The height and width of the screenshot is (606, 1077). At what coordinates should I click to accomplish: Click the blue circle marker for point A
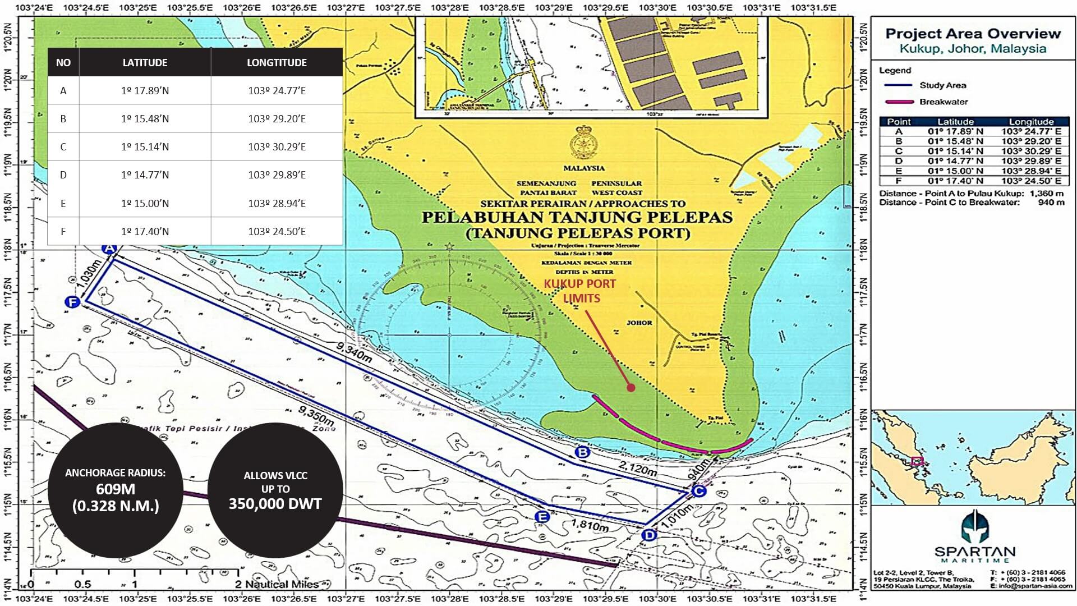click(x=109, y=249)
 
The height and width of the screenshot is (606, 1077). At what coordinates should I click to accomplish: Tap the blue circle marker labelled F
click(x=72, y=302)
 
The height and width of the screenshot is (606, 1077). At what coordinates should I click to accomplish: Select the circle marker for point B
click(x=582, y=452)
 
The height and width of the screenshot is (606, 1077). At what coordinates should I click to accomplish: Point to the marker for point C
click(x=698, y=492)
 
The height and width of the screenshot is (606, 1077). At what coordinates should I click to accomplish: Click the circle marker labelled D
click(x=649, y=535)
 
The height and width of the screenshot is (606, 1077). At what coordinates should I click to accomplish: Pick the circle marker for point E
click(x=542, y=517)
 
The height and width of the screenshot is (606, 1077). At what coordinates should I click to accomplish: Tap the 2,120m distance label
click(x=638, y=468)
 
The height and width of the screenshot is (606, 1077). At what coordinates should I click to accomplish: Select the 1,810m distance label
click(x=590, y=526)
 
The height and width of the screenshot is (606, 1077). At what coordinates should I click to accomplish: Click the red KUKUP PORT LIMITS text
click(x=581, y=291)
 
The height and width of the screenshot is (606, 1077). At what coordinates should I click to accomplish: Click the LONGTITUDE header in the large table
click(x=277, y=62)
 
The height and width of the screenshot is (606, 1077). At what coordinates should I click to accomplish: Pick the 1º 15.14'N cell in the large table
click(x=145, y=147)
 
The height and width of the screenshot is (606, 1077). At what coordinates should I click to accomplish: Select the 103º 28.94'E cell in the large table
click(x=277, y=203)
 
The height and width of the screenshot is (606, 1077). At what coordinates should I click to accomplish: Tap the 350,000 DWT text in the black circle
click(x=275, y=504)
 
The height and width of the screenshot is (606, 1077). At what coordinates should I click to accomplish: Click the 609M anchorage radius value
click(x=115, y=489)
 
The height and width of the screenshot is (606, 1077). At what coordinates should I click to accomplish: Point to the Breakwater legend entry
click(x=943, y=102)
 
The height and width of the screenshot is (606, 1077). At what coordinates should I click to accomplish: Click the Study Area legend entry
click(x=942, y=85)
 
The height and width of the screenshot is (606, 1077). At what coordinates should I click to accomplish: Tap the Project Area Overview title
click(x=973, y=34)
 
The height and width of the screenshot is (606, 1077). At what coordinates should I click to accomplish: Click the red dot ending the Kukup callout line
click(x=631, y=388)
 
